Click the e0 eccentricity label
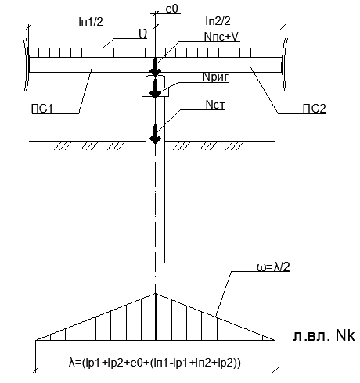tap(171, 9)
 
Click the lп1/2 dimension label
tap(91, 22)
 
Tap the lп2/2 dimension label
tap(218, 21)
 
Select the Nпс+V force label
tap(221, 37)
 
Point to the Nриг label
tap(216, 77)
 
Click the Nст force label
tap(215, 105)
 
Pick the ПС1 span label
tap(42, 109)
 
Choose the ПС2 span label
tap(315, 109)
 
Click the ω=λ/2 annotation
tap(273, 267)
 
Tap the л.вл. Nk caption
tap(324, 335)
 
